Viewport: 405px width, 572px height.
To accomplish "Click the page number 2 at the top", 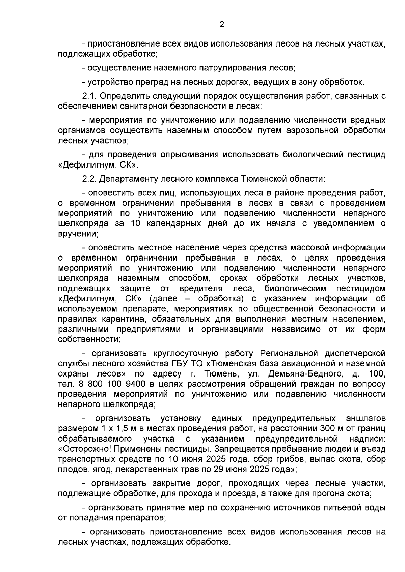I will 222,24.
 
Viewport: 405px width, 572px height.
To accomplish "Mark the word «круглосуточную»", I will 183,353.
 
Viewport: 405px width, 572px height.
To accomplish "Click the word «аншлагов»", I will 366,419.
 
